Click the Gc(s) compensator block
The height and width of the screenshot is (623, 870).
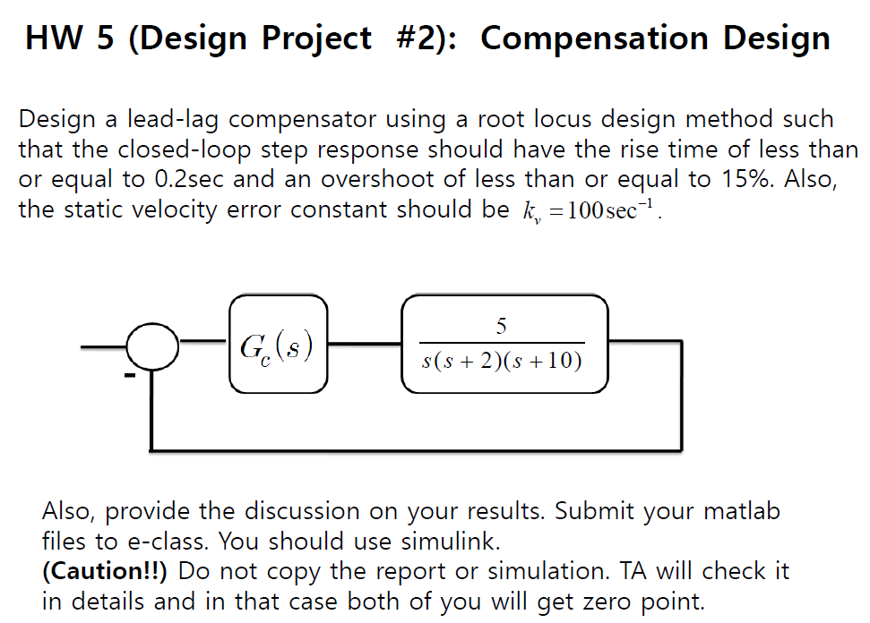[x=278, y=346]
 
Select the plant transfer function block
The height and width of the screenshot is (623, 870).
[x=504, y=346]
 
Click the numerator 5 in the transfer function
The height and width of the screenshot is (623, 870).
[x=502, y=327]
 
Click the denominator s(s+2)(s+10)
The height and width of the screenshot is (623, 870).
[x=503, y=362]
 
